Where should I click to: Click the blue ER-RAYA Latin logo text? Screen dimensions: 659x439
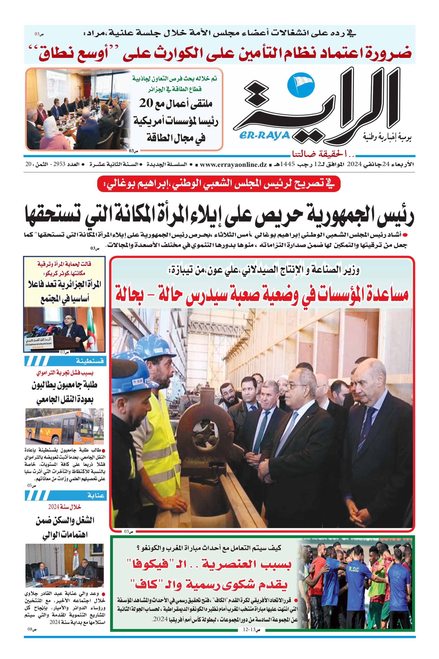click(x=265, y=136)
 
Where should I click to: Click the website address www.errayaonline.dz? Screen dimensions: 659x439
click(x=233, y=165)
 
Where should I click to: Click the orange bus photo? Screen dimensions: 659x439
click(x=64, y=426)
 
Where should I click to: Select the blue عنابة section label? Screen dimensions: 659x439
click(x=96, y=496)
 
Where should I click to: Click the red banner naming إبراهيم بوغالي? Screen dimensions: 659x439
click(x=218, y=184)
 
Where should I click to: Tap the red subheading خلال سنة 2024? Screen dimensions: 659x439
click(x=64, y=507)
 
